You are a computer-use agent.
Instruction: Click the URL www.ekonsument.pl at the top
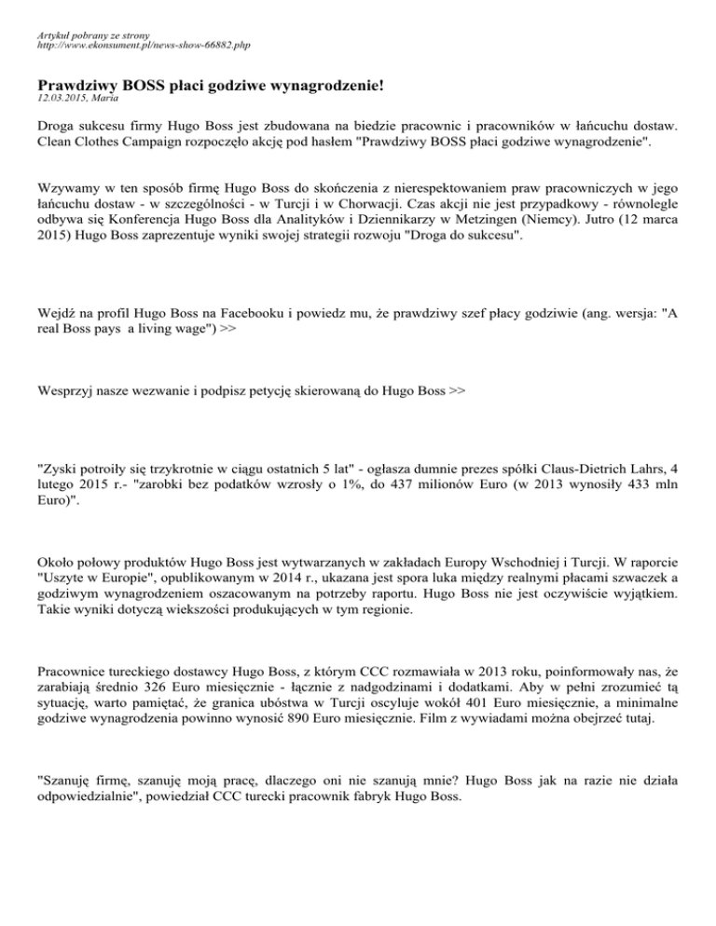click(112, 44)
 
